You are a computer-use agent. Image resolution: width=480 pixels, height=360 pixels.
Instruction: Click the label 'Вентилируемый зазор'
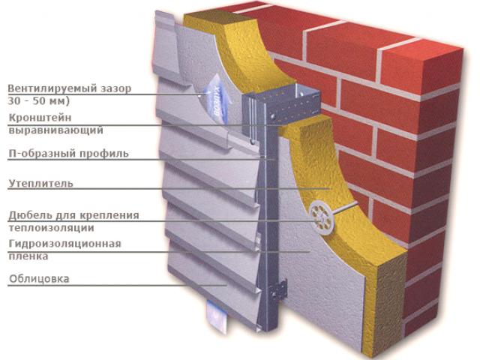70,88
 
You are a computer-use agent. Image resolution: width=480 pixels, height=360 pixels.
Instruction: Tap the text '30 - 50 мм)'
38,100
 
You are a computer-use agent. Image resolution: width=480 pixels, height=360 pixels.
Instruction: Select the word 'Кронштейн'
40,118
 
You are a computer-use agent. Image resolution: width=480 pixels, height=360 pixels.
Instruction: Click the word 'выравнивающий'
55,130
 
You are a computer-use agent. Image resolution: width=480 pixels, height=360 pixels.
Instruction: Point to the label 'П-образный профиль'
68,153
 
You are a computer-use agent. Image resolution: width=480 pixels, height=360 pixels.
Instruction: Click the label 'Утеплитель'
41,183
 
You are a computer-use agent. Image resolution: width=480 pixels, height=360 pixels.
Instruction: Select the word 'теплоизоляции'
51,228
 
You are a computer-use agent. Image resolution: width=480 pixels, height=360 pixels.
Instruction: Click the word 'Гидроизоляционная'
65,244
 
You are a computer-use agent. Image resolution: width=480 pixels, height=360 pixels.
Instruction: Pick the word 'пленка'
28,256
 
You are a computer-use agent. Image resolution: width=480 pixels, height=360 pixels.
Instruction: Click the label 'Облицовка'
39,279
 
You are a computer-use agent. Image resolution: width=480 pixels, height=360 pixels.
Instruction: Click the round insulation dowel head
322,217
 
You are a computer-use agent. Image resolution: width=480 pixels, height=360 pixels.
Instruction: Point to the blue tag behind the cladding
216,98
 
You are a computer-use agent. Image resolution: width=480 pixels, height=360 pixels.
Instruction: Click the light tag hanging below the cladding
217,316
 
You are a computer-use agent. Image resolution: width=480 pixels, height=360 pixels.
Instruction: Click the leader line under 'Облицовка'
117,286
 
